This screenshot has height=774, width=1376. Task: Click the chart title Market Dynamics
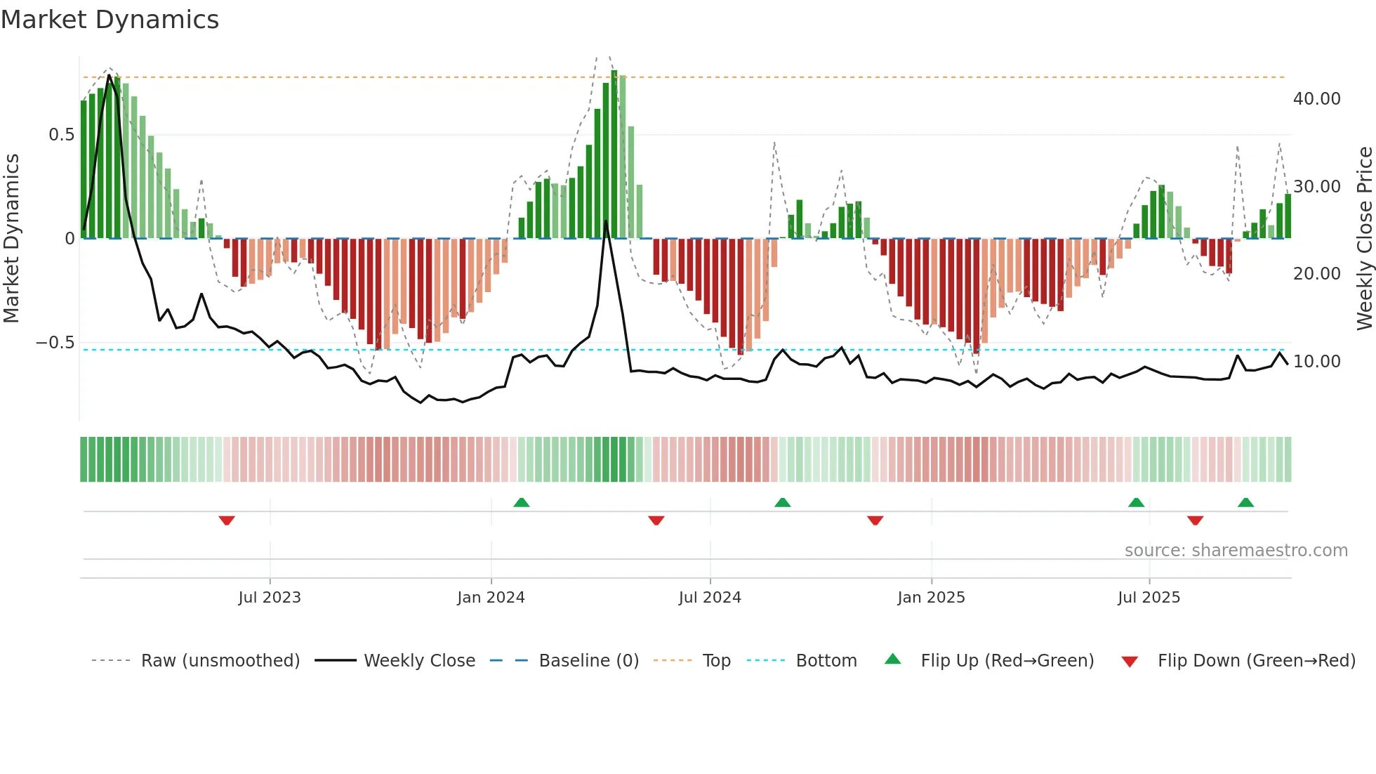click(110, 20)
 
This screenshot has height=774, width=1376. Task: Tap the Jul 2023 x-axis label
click(270, 598)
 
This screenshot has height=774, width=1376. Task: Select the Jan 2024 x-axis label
click(491, 598)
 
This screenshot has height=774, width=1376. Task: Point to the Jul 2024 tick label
click(710, 598)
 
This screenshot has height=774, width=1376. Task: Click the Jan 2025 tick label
click(931, 598)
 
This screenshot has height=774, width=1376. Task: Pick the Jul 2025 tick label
click(1149, 598)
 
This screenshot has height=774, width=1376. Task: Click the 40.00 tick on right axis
click(1316, 99)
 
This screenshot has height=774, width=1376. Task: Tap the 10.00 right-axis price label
click(1316, 362)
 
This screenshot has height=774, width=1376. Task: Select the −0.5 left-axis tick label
click(55, 343)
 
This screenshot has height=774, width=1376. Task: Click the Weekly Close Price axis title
click(1364, 239)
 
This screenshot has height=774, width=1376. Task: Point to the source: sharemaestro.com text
click(1236, 551)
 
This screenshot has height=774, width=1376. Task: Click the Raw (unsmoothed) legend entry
click(220, 661)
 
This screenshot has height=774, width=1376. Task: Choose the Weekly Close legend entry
click(419, 661)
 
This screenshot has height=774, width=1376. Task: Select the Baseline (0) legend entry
click(588, 661)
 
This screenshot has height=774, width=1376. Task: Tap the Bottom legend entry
click(826, 661)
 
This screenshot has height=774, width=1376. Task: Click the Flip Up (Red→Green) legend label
click(1007, 661)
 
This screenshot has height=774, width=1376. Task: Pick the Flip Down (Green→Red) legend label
click(1256, 661)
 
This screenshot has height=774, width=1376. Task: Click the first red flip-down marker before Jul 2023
click(226, 520)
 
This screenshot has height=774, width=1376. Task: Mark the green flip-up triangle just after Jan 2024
click(521, 502)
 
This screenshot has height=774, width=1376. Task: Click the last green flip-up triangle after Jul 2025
click(1245, 502)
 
